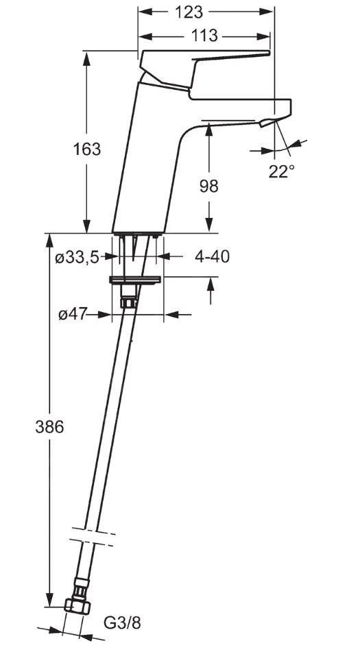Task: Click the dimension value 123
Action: point(189,12)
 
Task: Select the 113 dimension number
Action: point(204,36)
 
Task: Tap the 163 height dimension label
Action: point(87,149)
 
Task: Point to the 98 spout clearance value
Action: point(208,186)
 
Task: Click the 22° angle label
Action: point(281,171)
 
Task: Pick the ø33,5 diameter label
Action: point(77,258)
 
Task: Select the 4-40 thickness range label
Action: point(212,257)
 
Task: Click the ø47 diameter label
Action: point(72,315)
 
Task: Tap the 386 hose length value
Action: point(49,427)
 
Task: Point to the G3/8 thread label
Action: point(122,623)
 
